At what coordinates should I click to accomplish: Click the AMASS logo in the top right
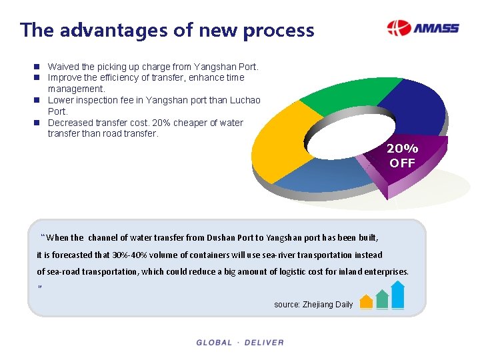point(423,29)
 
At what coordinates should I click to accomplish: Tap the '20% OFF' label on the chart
point(402,156)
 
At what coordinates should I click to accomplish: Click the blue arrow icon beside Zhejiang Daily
point(397,295)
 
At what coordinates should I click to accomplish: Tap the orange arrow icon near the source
point(366,301)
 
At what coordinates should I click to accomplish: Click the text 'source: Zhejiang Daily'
point(313,305)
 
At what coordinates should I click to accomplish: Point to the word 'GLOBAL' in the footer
point(214,343)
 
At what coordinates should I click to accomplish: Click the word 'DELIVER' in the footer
point(264,343)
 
